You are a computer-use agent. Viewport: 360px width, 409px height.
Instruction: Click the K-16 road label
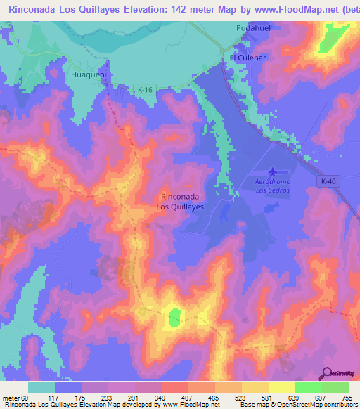pos(144,89)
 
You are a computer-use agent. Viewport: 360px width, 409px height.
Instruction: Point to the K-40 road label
pos(329,182)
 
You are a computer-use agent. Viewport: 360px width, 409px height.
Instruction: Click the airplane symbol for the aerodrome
pos(273,171)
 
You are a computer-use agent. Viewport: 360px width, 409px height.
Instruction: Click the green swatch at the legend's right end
pos(335,387)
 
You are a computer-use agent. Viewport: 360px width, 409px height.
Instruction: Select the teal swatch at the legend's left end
pos(41,387)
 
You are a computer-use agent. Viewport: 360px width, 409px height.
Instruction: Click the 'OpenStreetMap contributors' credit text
pos(323,405)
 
